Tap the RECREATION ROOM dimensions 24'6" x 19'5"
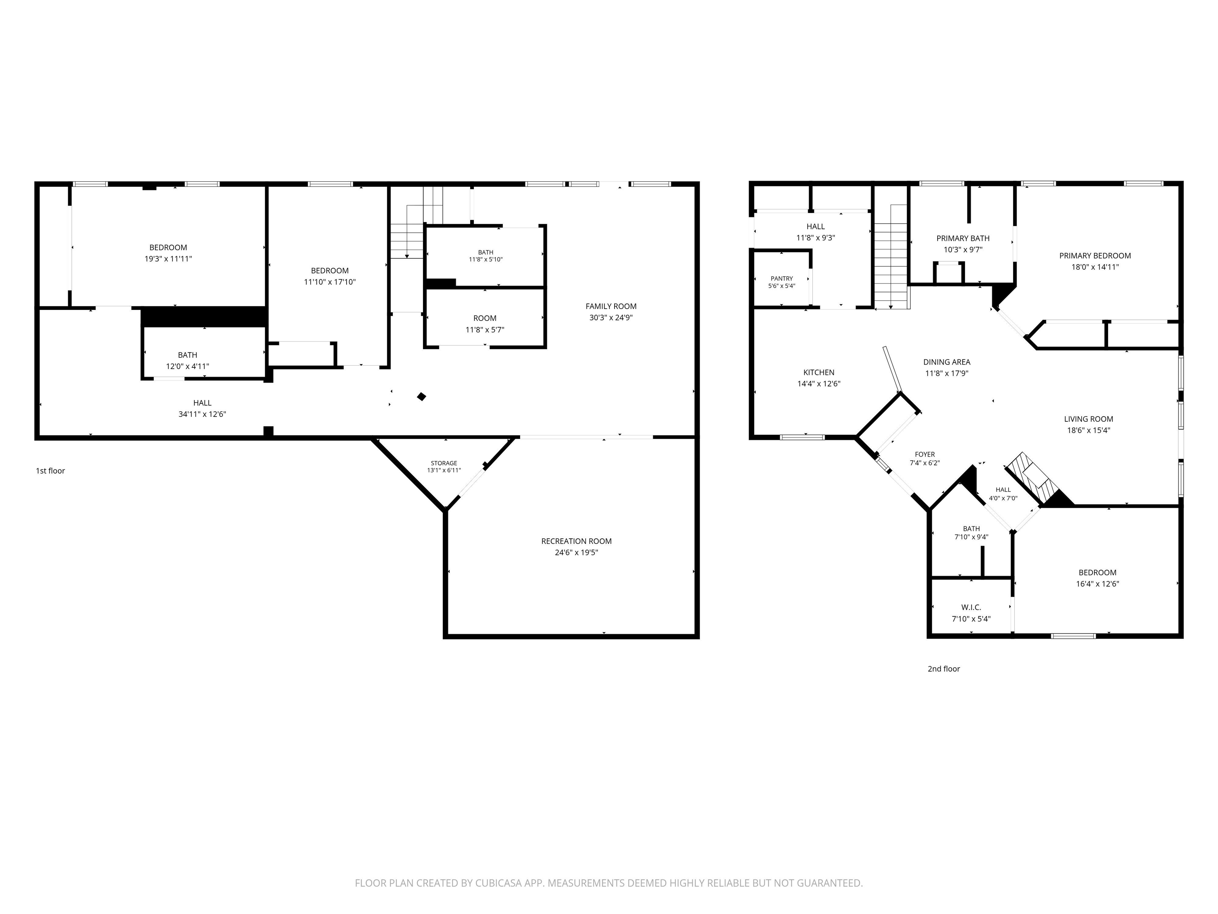pyautogui.click(x=576, y=553)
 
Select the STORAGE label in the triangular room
pyautogui.click(x=444, y=463)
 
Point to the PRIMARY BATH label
pyautogui.click(x=963, y=238)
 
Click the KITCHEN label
pyautogui.click(x=819, y=373)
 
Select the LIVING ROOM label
pyautogui.click(x=1089, y=419)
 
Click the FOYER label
pyautogui.click(x=925, y=455)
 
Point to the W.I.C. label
pyautogui.click(x=971, y=607)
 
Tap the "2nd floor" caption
pyautogui.click(x=944, y=669)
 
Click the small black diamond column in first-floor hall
pyautogui.click(x=422, y=396)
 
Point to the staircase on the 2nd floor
pyautogui.click(x=891, y=256)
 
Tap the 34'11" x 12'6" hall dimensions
pyautogui.click(x=202, y=414)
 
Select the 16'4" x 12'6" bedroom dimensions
pyautogui.click(x=1097, y=584)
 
